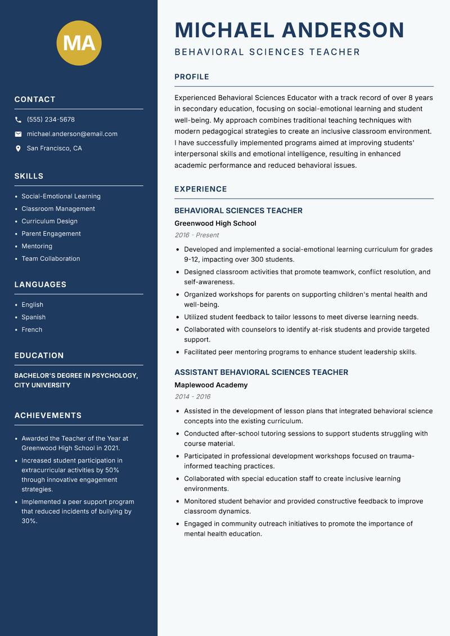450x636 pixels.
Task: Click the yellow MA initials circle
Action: pos(79,43)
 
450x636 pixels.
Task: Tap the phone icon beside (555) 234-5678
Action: pos(18,120)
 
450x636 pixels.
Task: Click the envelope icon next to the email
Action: pos(18,134)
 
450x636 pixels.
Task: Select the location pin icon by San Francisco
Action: pos(18,149)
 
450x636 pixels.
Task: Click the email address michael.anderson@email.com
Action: pos(72,134)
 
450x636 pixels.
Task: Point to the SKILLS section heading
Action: pos(29,176)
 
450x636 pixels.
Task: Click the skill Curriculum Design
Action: pos(49,221)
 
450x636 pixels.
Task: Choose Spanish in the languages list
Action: pos(34,317)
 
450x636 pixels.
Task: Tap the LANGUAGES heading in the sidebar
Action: pos(40,285)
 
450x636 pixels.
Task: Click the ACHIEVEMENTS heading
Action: pos(48,415)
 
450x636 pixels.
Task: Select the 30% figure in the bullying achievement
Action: pos(29,521)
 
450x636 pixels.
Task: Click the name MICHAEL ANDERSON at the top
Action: pos(290,30)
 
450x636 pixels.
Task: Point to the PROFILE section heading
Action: pos(192,77)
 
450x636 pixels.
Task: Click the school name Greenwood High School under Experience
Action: pos(215,223)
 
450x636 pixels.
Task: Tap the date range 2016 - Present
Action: pos(197,235)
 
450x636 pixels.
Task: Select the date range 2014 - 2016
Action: pos(192,397)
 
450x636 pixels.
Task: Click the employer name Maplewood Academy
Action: pos(211,385)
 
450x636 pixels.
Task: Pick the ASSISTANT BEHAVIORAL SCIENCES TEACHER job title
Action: pos(261,372)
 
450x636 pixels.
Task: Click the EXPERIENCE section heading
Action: pos(201,189)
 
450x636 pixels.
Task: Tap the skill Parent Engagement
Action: pos(51,234)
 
